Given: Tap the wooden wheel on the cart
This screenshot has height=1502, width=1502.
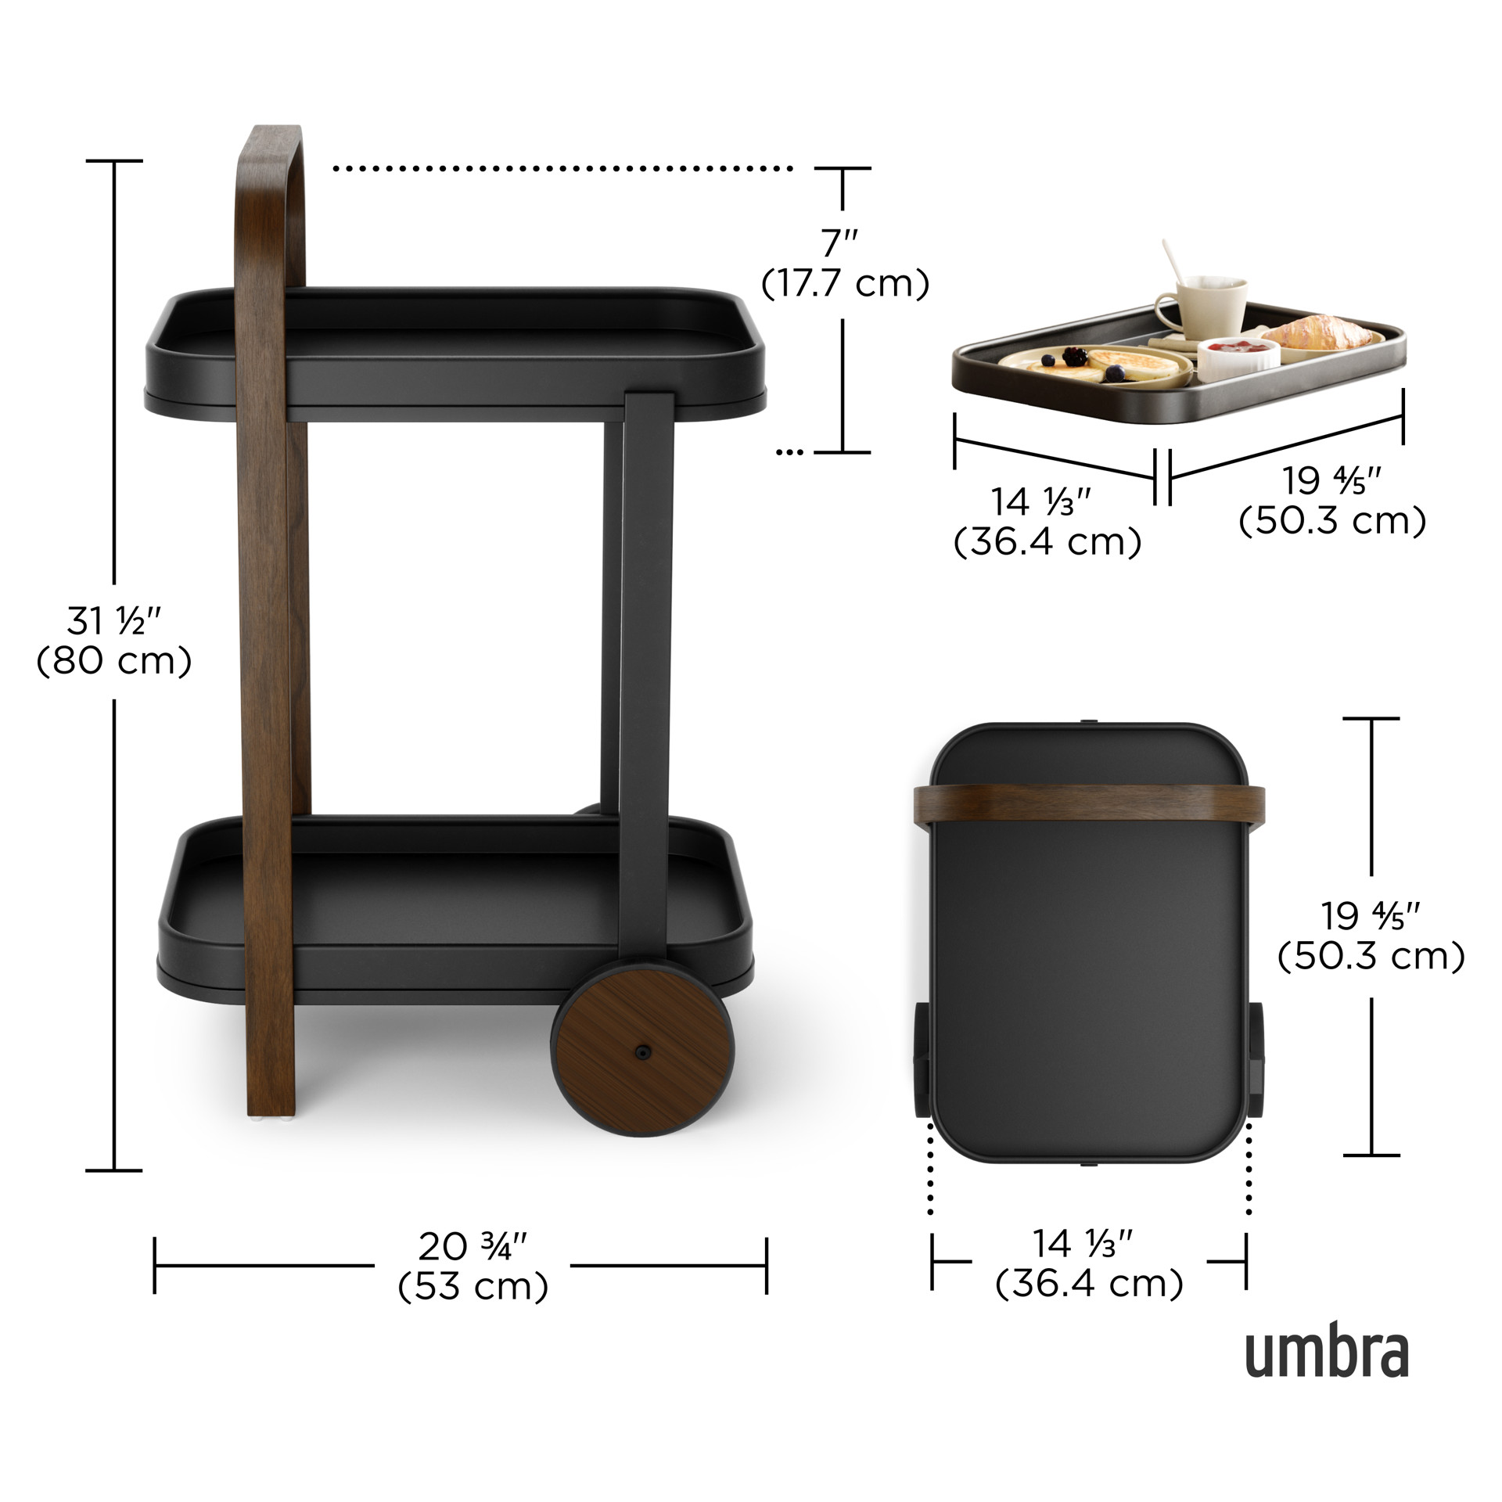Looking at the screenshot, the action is pyautogui.click(x=642, y=1052).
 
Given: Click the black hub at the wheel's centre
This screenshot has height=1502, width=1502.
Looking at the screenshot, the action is pyautogui.click(x=642, y=1052).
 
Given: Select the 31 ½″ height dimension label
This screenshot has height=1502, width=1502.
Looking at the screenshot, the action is pyautogui.click(x=114, y=622).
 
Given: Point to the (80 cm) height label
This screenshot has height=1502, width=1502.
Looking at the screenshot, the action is pyautogui.click(x=114, y=662).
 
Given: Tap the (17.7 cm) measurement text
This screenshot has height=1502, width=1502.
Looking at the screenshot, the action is pyautogui.click(x=846, y=283).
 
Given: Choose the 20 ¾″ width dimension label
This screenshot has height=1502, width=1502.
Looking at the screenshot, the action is pyautogui.click(x=473, y=1247).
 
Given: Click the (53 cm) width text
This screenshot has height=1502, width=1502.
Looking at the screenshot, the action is pyautogui.click(x=473, y=1287).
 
